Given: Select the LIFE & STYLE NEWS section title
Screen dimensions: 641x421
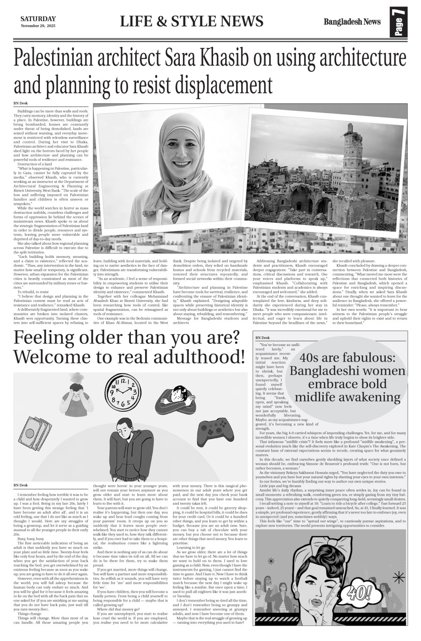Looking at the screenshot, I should (x=191, y=22).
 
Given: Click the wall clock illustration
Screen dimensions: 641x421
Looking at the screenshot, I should (x=123, y=391).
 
